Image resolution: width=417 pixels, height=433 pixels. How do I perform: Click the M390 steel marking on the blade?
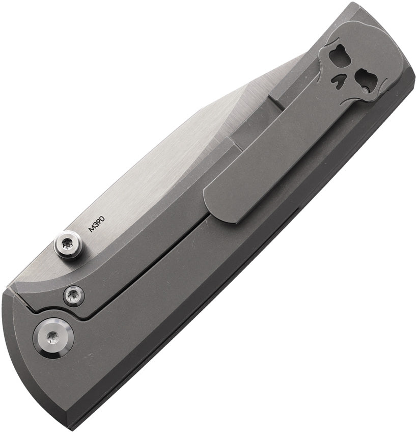click(97, 224)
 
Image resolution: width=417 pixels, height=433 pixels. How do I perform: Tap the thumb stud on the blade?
click(68, 244)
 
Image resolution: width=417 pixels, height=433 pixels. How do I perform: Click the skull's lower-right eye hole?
click(364, 80)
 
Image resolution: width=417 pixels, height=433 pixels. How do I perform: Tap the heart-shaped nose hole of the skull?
click(339, 80)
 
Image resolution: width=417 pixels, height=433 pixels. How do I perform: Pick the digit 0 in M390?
click(102, 219)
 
